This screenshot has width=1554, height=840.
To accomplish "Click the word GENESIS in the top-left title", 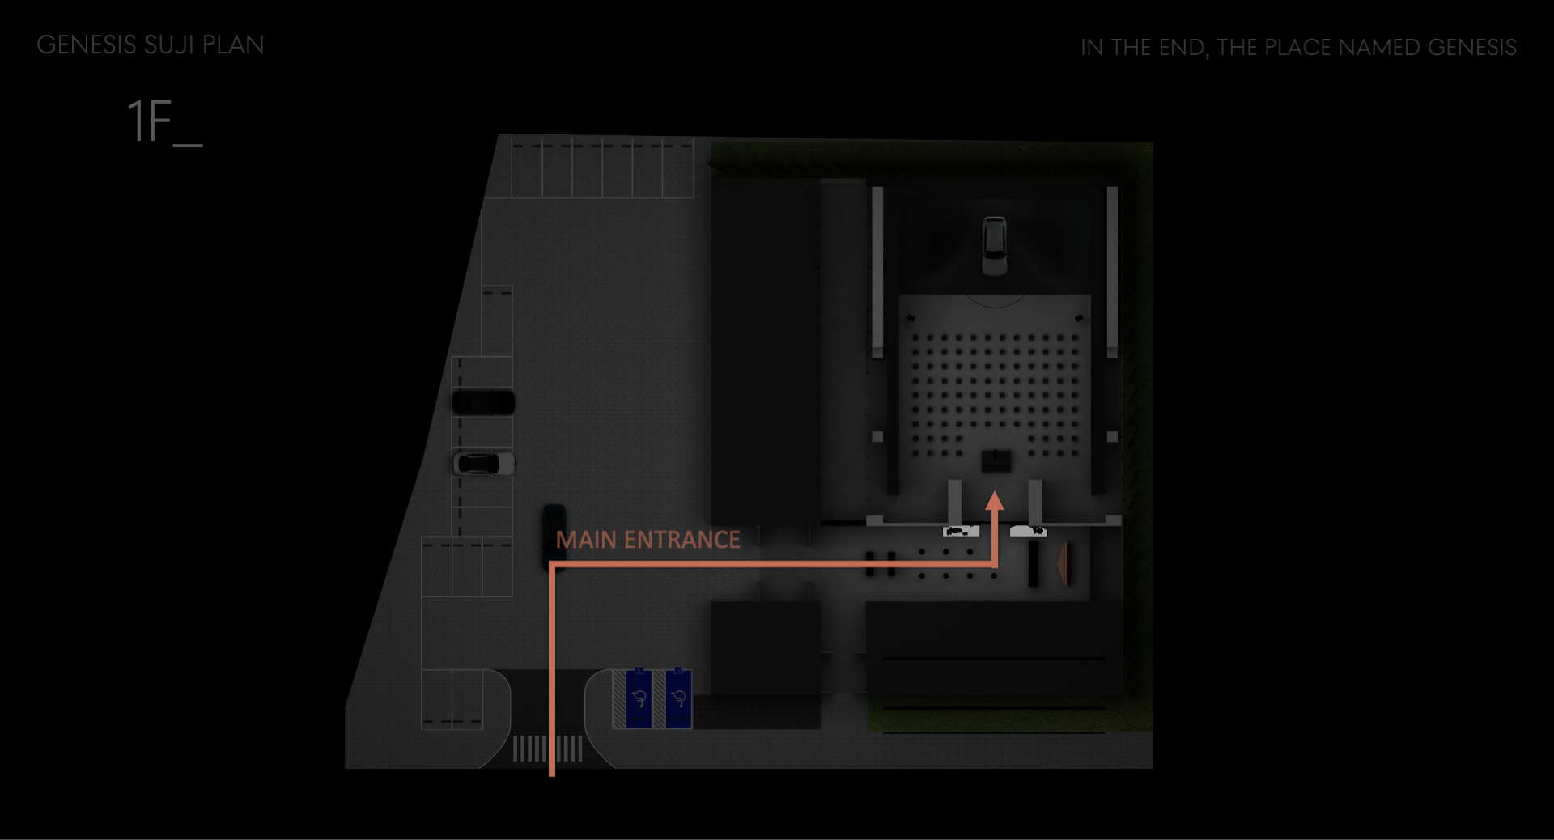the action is (87, 45).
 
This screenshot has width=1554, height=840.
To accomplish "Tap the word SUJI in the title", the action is (169, 45).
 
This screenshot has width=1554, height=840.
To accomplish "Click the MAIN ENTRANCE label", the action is (647, 540).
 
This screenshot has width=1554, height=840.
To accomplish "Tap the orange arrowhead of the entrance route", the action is (995, 502).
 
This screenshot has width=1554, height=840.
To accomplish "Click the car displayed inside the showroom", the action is (994, 245).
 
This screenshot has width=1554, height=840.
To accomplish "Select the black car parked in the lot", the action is (483, 402).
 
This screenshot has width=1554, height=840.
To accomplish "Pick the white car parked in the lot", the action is (483, 464).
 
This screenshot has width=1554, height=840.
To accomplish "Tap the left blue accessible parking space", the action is (639, 698).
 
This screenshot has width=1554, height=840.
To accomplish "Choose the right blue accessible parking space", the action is (679, 698).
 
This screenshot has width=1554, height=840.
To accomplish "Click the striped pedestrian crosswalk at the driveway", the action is (548, 749).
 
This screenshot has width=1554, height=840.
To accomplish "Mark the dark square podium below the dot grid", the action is (996, 461).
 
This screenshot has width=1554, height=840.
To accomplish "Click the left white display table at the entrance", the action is (961, 531).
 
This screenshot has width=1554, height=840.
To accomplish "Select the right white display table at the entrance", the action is (1028, 531).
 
